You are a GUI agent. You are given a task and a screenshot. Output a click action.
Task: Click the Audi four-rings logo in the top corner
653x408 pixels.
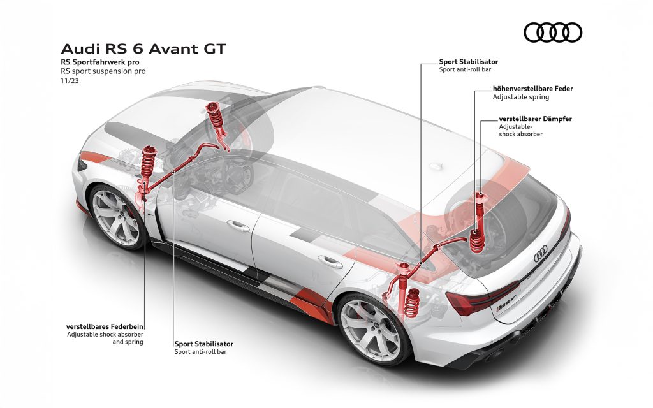553,33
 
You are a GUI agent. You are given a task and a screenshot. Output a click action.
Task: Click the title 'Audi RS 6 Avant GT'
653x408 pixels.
143,48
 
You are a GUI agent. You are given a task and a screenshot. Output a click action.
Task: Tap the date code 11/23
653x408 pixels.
70,81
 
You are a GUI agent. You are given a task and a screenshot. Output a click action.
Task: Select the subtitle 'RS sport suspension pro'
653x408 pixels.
103,71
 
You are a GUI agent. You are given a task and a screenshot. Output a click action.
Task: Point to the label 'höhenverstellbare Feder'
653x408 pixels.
532,89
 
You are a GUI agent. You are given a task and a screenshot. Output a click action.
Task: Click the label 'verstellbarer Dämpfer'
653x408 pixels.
535,119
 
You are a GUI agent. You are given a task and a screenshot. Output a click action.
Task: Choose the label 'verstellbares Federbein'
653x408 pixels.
105,326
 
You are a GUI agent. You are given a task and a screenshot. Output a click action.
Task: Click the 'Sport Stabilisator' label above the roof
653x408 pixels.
469,62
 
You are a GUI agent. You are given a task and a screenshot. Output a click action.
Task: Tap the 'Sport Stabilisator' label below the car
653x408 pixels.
203,344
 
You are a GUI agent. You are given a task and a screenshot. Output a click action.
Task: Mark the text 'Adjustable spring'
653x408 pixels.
521,97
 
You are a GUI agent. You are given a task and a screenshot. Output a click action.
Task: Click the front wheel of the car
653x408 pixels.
115,217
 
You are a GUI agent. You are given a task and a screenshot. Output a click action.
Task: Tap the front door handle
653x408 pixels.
238,226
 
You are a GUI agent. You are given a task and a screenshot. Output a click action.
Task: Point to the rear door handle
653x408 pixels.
330,262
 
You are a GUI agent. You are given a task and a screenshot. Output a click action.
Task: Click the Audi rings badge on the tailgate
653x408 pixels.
541,254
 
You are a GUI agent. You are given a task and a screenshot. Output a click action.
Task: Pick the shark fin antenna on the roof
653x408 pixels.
436,166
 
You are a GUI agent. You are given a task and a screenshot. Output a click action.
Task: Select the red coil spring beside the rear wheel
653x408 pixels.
412,303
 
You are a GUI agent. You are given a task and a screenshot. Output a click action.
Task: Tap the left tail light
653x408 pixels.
483,298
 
